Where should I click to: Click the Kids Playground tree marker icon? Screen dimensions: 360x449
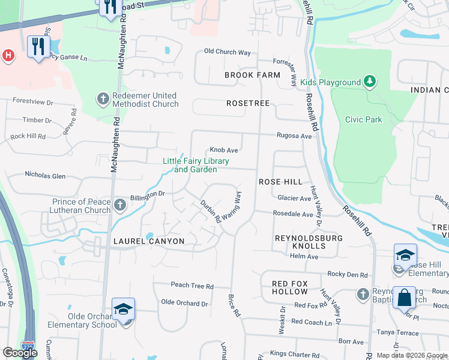point(370,82)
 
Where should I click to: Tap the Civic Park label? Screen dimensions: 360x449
point(363,119)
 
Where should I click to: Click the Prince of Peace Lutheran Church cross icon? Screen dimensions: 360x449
point(120,205)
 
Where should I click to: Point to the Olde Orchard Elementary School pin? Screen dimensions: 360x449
point(123,310)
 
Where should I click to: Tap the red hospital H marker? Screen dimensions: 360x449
point(8,56)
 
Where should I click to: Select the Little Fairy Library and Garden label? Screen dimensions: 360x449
point(190,165)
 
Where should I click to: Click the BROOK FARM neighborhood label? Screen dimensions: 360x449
point(252,75)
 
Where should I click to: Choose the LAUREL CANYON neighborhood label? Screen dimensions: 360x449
point(148,241)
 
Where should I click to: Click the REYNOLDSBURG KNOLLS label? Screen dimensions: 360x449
point(308,242)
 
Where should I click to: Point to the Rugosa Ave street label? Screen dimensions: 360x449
point(294,136)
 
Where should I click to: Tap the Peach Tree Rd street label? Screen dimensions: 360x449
point(192,286)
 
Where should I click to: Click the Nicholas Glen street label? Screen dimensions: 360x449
point(45,175)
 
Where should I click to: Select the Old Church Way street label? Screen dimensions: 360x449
point(227,52)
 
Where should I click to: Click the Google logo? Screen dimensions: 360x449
point(20,353)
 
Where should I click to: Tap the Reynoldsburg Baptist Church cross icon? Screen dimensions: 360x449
point(362,294)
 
